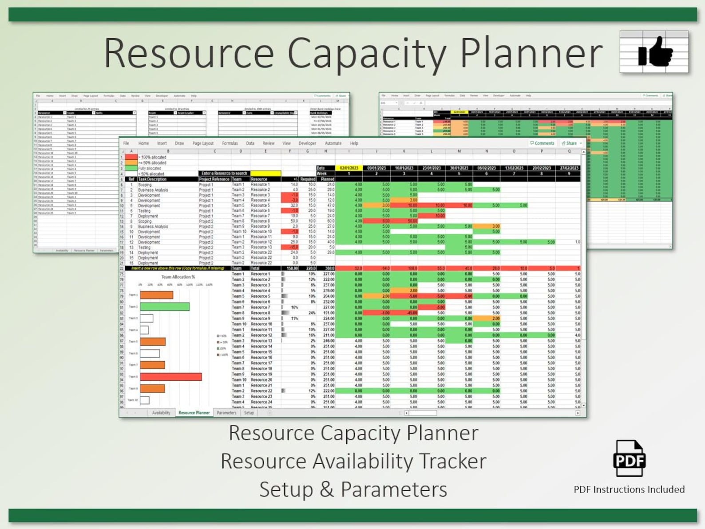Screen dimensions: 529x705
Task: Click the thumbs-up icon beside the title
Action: (x=654, y=52)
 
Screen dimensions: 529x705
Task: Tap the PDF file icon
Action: (x=629, y=458)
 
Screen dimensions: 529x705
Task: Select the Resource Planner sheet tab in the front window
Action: (x=194, y=413)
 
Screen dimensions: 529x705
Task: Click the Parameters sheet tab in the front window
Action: (x=226, y=413)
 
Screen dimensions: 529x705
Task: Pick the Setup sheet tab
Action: (x=249, y=413)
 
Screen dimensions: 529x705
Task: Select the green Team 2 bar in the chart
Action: (x=165, y=307)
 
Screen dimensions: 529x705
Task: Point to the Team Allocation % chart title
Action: (x=178, y=277)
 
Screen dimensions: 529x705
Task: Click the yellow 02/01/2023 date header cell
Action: (x=349, y=168)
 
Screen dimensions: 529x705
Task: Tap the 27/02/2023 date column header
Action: (x=569, y=168)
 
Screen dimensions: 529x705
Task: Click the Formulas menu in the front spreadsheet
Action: (x=230, y=143)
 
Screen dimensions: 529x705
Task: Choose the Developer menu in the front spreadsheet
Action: (x=307, y=143)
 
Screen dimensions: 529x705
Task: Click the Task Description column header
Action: (x=152, y=179)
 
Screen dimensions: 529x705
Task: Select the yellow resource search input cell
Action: (x=265, y=174)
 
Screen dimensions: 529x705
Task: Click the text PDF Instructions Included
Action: (x=629, y=490)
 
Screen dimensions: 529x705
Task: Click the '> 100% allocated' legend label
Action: (x=152, y=157)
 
